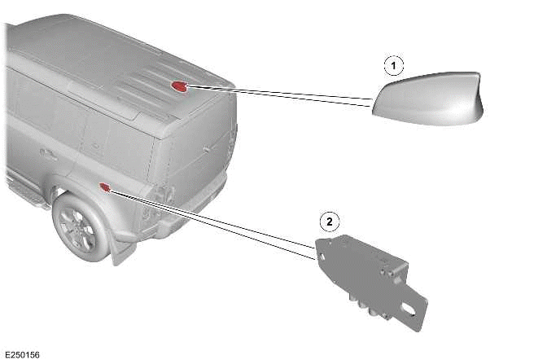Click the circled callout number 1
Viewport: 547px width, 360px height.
point(394,66)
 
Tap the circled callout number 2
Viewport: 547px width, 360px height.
point(330,221)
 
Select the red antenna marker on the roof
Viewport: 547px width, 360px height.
point(179,86)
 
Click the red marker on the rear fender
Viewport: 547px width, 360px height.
point(105,187)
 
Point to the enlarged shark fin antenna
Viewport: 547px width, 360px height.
point(428,99)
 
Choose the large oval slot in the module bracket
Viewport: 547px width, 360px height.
point(409,309)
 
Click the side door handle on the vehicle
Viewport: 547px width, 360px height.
point(48,154)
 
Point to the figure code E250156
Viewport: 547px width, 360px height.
point(22,354)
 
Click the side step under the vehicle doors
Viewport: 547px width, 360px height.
point(25,191)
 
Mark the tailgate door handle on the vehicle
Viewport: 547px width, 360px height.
point(207,149)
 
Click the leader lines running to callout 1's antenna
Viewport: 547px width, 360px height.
point(280,95)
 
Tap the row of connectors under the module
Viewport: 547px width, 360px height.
point(370,307)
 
